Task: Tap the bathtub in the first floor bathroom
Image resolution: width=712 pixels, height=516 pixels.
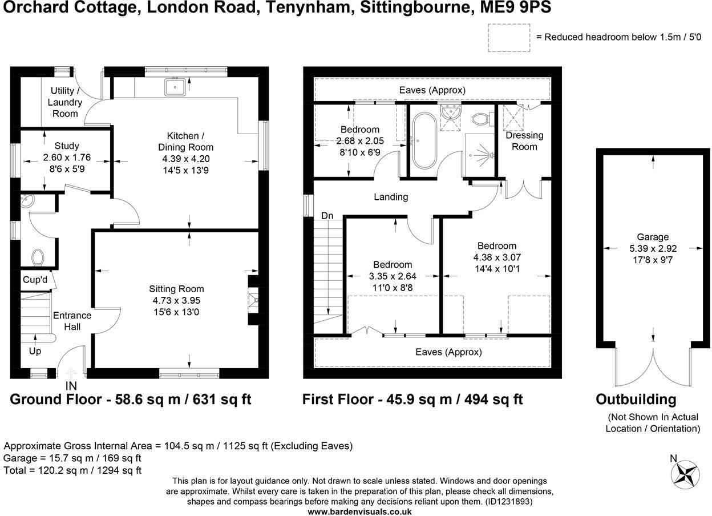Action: pos(424,141)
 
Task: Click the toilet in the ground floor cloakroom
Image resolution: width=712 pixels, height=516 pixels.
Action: pos(38,257)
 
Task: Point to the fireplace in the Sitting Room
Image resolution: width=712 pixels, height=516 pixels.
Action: pos(253,300)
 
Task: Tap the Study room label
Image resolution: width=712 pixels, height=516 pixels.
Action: pos(67,146)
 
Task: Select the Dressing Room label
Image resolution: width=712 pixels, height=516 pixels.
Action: pos(524,141)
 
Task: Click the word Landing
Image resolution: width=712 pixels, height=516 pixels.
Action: pos(391,197)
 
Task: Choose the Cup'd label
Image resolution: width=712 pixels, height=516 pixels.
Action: pos(35,280)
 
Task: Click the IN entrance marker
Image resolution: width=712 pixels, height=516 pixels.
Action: pos(71,386)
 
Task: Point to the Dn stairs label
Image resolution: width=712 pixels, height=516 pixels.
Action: pos(327,216)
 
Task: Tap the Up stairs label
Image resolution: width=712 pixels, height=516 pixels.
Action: pos(35,351)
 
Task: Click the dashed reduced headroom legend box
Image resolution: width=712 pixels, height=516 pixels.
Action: pos(509,37)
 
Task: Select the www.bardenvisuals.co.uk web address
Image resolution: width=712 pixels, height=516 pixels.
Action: pos(359,511)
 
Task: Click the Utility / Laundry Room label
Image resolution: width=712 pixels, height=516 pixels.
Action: pos(65,102)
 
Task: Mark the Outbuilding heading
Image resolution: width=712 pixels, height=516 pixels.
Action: pos(636,399)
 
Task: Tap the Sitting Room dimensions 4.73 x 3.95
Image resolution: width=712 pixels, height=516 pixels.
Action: pos(176,300)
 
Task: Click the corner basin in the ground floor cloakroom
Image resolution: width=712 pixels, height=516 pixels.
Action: pos(27,201)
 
